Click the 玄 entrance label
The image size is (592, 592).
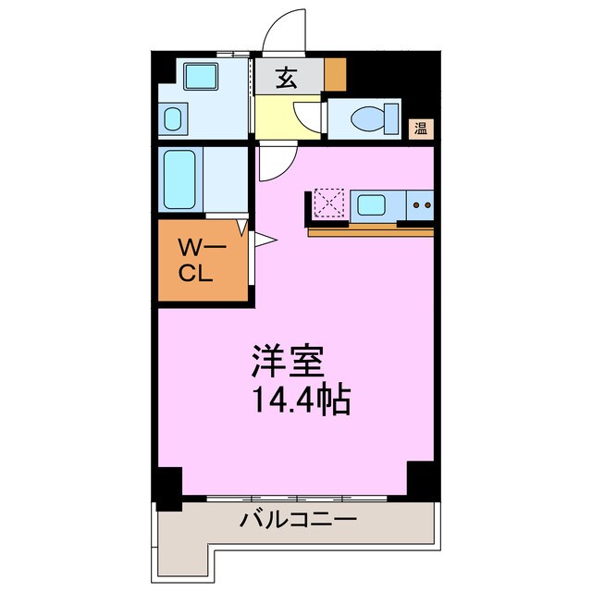coord(288,79)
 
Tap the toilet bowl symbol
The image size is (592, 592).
coord(369,120)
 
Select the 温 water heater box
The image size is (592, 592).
coord(421,129)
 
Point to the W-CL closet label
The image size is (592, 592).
coord(195,260)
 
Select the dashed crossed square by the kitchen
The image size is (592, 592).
coord(328,203)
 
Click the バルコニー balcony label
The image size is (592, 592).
coord(298,520)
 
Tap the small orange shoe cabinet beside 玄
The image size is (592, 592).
coord(334,73)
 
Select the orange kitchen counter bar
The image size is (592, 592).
coord(369,230)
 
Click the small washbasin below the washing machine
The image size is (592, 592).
coord(172,118)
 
